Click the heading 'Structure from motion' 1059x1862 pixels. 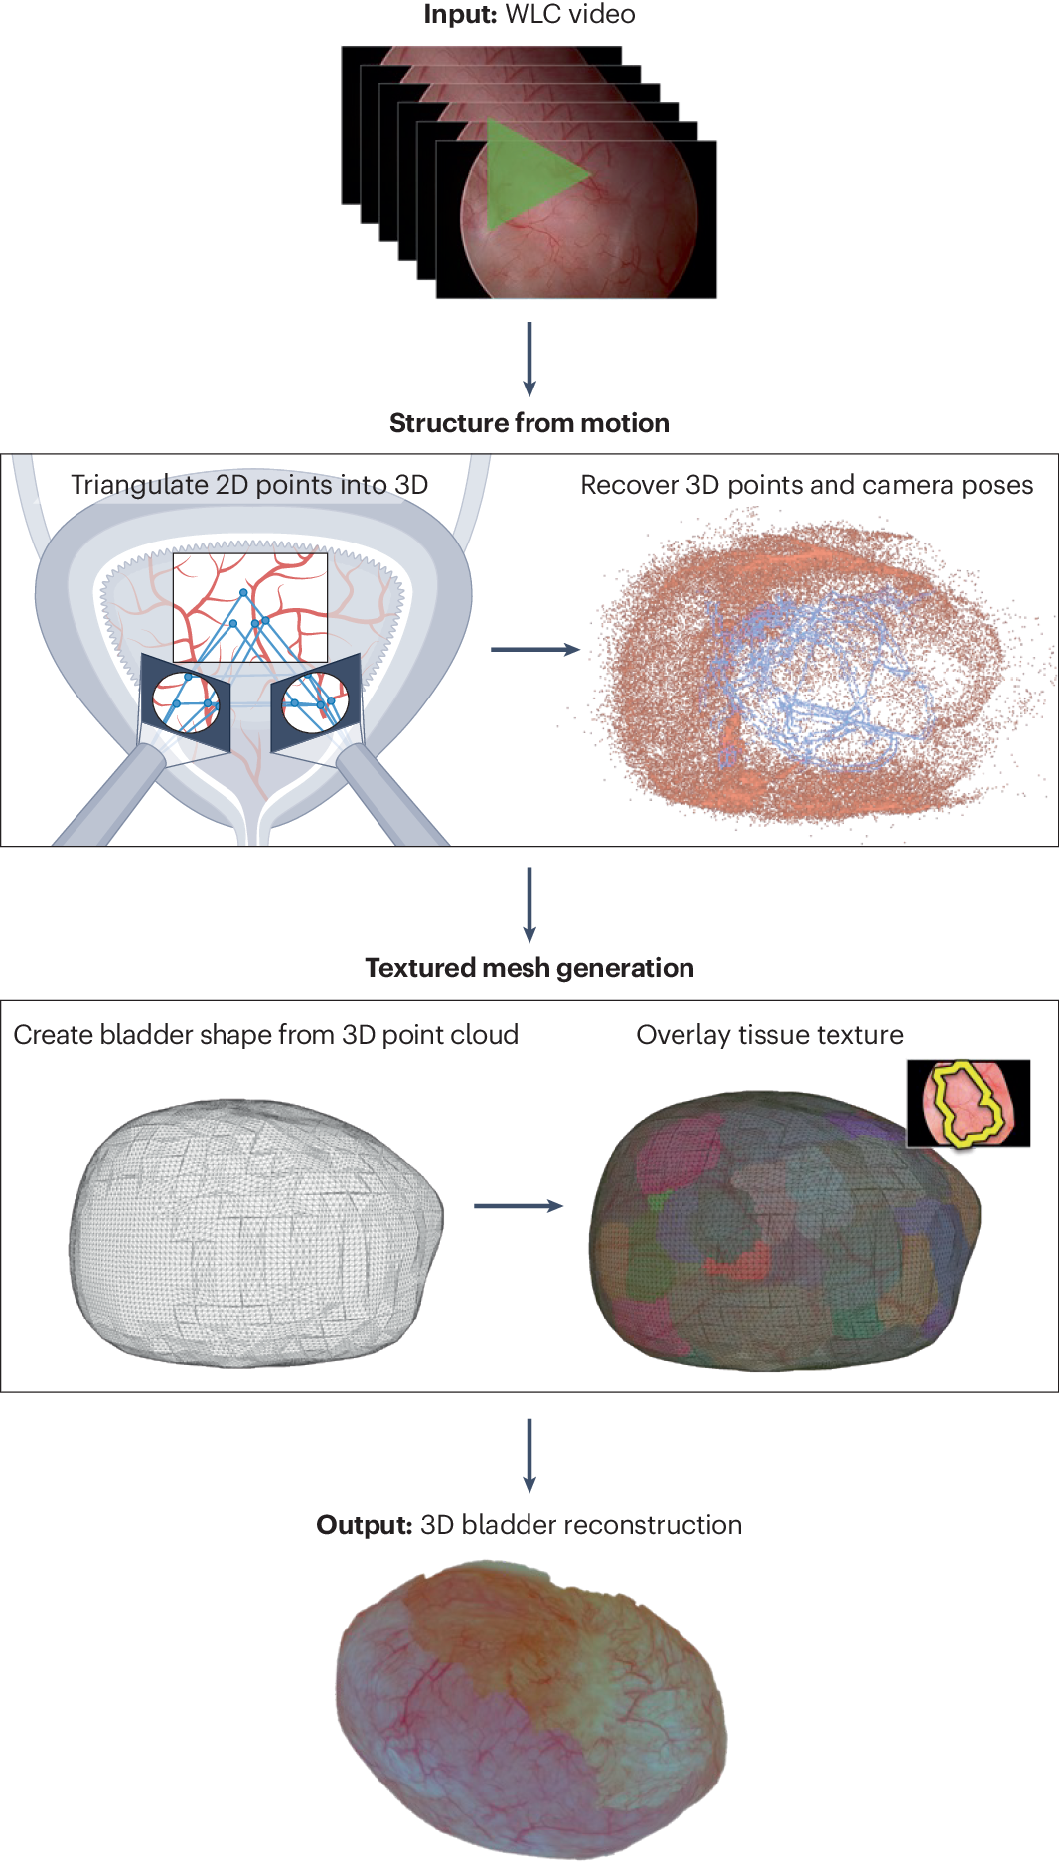tap(529, 423)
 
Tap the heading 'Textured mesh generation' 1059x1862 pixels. tap(529, 968)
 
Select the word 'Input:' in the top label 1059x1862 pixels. tap(459, 14)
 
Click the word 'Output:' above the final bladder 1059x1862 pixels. tap(364, 1525)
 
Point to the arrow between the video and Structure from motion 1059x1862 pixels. tap(529, 358)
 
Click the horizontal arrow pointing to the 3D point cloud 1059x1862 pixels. tap(534, 650)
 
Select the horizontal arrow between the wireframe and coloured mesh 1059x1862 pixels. tap(518, 1206)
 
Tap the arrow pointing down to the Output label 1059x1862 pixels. tap(529, 1455)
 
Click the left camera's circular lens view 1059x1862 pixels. tap(186, 701)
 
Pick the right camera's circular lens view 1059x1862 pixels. tap(316, 701)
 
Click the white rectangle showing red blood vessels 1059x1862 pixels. tap(249, 607)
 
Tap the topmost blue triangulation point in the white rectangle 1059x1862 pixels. tap(243, 593)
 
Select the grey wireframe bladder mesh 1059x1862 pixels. tap(255, 1232)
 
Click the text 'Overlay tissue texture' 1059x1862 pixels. tap(770, 1035)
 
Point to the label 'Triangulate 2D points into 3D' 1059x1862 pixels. tap(249, 485)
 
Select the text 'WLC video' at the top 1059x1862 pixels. tap(570, 14)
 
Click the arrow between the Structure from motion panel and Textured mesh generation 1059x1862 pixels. tap(529, 904)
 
